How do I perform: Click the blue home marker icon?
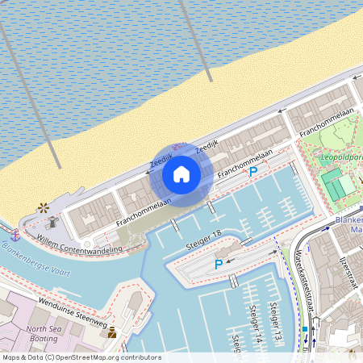coord(181,173)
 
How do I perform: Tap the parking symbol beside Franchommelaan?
coord(253,171)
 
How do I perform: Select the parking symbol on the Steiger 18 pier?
coord(218,264)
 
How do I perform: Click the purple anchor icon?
coord(15,236)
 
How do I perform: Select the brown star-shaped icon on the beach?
coord(43,207)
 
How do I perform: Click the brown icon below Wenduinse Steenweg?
coord(112,332)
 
